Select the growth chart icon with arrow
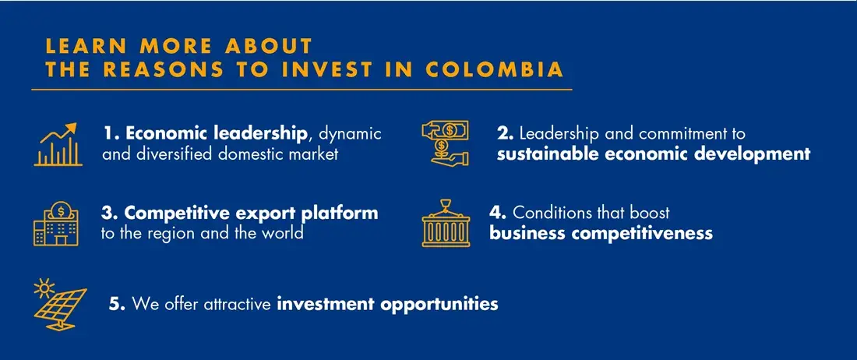click(x=58, y=144)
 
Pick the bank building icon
click(x=56, y=224)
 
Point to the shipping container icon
click(x=446, y=224)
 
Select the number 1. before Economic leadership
click(x=114, y=133)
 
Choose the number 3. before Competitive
click(x=110, y=212)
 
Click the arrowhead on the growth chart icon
click(x=71, y=129)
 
